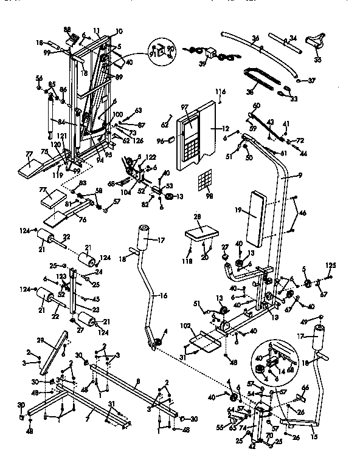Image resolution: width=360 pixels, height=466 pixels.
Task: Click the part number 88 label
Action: click(67, 29)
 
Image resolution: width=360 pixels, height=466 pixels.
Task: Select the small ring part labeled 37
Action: click(296, 79)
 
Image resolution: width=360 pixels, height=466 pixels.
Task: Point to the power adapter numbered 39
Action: click(212, 52)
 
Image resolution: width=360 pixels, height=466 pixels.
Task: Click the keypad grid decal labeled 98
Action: click(205, 180)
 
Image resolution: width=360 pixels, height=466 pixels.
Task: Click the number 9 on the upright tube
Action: click(299, 176)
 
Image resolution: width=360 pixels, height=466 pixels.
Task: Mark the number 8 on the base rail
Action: click(138, 381)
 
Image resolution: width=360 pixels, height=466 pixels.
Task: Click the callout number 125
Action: click(331, 265)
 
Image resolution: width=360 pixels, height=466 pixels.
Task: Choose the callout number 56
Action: click(39, 78)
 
